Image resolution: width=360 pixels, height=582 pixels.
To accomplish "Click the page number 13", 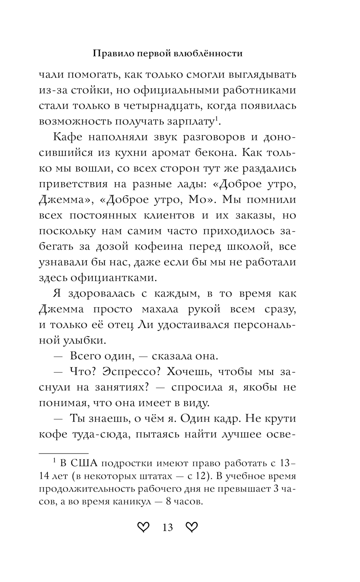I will coord(168,528).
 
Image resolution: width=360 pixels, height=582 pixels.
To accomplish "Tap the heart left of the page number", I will coord(143,528).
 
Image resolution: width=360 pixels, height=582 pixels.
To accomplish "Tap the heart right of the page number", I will coord(192,528).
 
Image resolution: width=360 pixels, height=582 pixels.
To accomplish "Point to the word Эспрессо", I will coord(130,372).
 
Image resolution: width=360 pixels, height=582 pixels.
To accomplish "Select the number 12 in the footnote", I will coord(201,476).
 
